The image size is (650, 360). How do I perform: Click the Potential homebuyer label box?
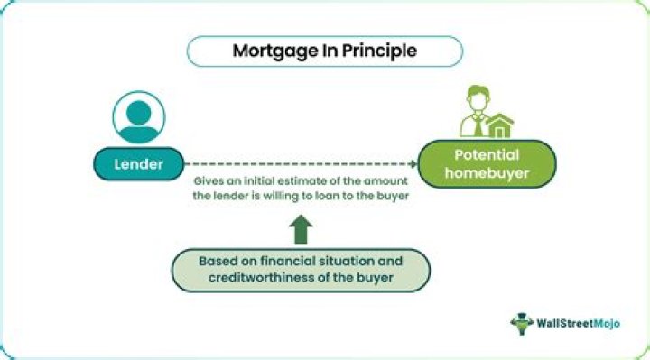pos(487,163)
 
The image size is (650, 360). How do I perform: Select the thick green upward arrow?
pos(301,228)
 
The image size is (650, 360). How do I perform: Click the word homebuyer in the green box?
pos(487,173)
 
